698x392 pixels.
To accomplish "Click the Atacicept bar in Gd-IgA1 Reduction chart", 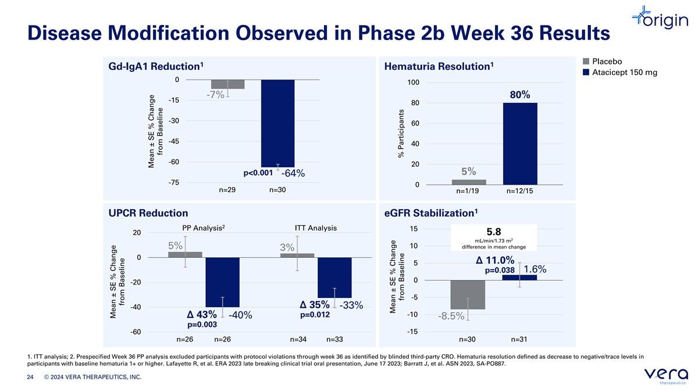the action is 277,123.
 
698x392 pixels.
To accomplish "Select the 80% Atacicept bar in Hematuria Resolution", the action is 520,144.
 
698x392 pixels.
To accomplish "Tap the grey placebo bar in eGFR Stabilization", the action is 468,294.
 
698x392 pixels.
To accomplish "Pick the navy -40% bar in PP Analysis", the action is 222,282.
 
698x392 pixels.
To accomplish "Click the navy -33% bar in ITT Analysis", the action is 334,278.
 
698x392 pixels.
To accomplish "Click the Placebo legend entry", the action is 603,62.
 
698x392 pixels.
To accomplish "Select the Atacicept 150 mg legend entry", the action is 620,73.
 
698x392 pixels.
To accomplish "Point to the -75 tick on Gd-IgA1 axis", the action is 174,182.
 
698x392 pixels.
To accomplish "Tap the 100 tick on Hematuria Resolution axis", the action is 413,82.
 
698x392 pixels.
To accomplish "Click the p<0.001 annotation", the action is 258,173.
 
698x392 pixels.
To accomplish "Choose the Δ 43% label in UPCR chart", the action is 202,315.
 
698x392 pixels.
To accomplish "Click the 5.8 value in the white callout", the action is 494,232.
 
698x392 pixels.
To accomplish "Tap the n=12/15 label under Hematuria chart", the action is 520,191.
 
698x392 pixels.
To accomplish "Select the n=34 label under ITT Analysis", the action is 298,339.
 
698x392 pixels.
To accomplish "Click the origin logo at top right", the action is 660,18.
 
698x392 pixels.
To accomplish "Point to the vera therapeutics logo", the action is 666,376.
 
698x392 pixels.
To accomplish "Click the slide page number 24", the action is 30,377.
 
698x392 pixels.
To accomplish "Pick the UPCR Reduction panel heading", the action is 148,213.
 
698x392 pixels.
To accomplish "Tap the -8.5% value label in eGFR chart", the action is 451,316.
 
